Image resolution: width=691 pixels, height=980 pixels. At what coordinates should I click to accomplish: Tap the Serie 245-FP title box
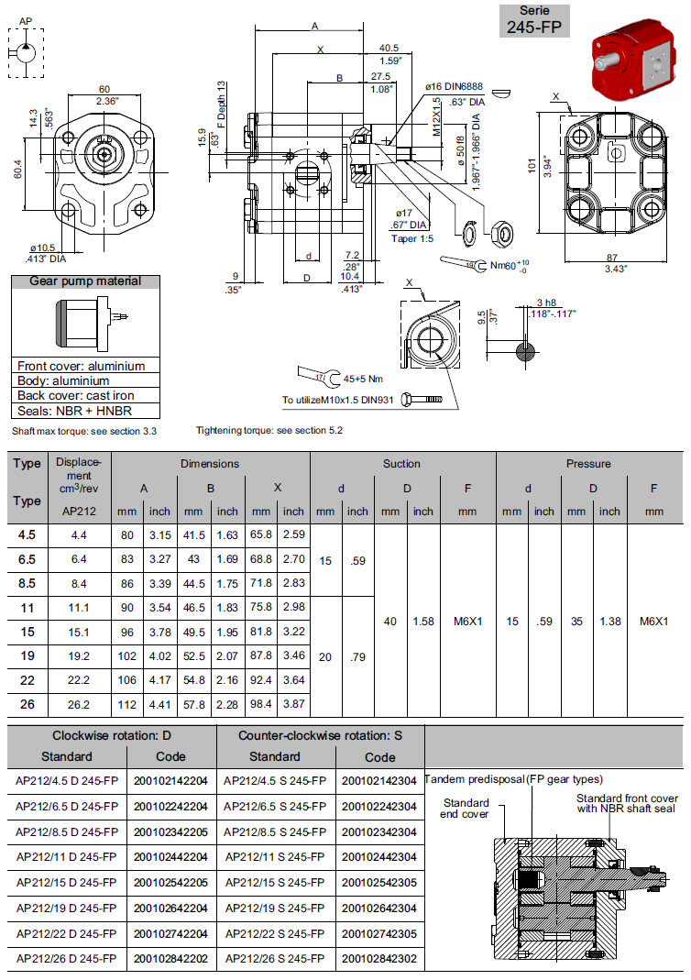click(x=534, y=20)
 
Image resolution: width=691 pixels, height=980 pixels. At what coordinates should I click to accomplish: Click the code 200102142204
click(x=170, y=781)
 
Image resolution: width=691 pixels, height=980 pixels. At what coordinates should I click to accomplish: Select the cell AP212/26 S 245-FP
click(x=275, y=959)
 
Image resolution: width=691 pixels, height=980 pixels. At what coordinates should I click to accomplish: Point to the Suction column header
click(x=402, y=464)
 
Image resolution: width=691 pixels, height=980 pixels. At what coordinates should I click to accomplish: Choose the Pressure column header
click(x=587, y=464)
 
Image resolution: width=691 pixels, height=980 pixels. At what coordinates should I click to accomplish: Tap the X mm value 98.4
click(x=261, y=704)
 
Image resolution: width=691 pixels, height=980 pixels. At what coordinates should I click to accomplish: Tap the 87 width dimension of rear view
click(x=610, y=257)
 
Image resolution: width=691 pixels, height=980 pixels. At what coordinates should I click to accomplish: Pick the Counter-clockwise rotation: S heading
click(x=321, y=735)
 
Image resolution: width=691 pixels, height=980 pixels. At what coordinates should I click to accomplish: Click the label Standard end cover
click(x=465, y=808)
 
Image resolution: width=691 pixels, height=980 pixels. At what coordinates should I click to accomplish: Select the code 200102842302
click(x=379, y=959)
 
